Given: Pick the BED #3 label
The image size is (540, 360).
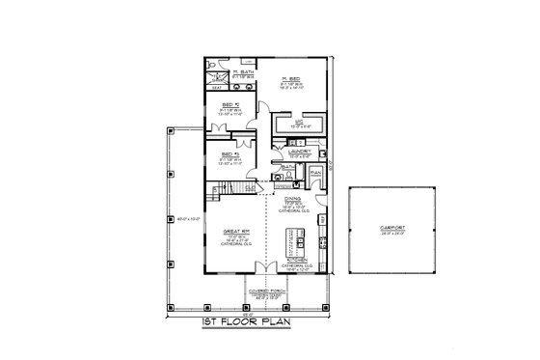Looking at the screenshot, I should (230, 154).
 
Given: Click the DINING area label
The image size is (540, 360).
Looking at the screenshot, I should (293, 200).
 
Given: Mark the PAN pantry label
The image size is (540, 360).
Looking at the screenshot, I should (315, 173).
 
